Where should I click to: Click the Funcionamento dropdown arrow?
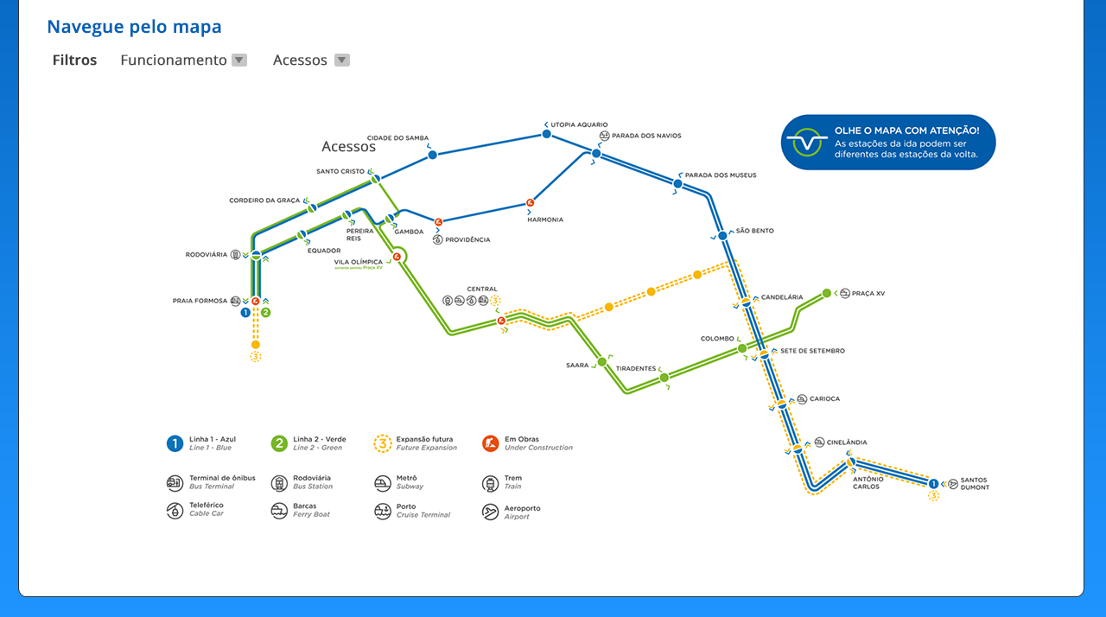pyautogui.click(x=239, y=60)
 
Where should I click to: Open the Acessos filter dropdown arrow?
pyautogui.click(x=342, y=60)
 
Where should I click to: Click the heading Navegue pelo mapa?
pyautogui.click(x=134, y=27)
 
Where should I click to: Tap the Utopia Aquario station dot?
pyautogui.click(x=546, y=134)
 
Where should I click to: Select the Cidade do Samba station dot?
pyautogui.click(x=432, y=155)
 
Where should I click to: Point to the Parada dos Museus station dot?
pyautogui.click(x=677, y=183)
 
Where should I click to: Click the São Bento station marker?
pyautogui.click(x=722, y=235)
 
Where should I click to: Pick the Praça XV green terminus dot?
pyautogui.click(x=826, y=293)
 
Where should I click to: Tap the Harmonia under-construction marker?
pyautogui.click(x=530, y=204)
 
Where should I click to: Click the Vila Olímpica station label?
pyautogui.click(x=358, y=262)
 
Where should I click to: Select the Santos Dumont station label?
pyautogui.click(x=974, y=484)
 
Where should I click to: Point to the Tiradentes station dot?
pyautogui.click(x=664, y=378)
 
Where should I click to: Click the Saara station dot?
pyautogui.click(x=602, y=362)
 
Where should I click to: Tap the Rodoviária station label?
pyautogui.click(x=207, y=255)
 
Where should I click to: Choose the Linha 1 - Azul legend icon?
pyautogui.click(x=175, y=443)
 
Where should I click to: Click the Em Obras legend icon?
pyautogui.click(x=490, y=443)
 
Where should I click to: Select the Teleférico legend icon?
pyautogui.click(x=175, y=511)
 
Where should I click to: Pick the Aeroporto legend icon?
pyautogui.click(x=490, y=512)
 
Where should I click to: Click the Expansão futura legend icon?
pyautogui.click(x=383, y=443)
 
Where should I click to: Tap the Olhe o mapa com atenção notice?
pyautogui.click(x=888, y=143)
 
